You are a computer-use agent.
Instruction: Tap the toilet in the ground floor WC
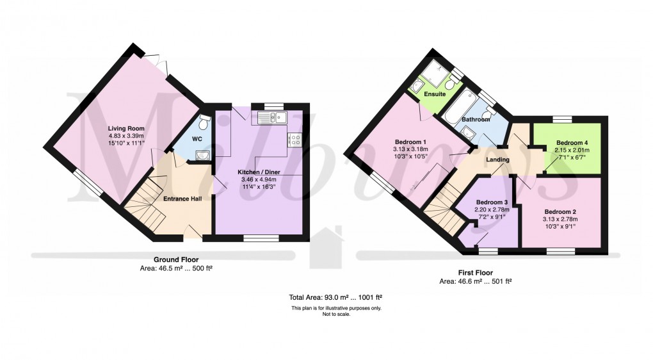coord(204,122)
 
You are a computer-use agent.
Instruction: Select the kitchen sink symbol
coord(273,117)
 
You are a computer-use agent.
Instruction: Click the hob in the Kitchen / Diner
coord(295,139)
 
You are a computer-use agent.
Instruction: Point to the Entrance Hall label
coord(182,199)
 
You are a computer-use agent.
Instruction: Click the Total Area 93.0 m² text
coord(336,297)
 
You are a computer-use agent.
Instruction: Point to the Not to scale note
coord(336,314)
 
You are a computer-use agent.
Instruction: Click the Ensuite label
coord(435,94)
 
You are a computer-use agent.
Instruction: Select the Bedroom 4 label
coord(571,142)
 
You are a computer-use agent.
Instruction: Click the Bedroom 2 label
coord(561,211)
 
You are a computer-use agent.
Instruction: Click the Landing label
coord(497,160)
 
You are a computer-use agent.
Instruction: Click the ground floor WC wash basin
coord(202,153)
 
